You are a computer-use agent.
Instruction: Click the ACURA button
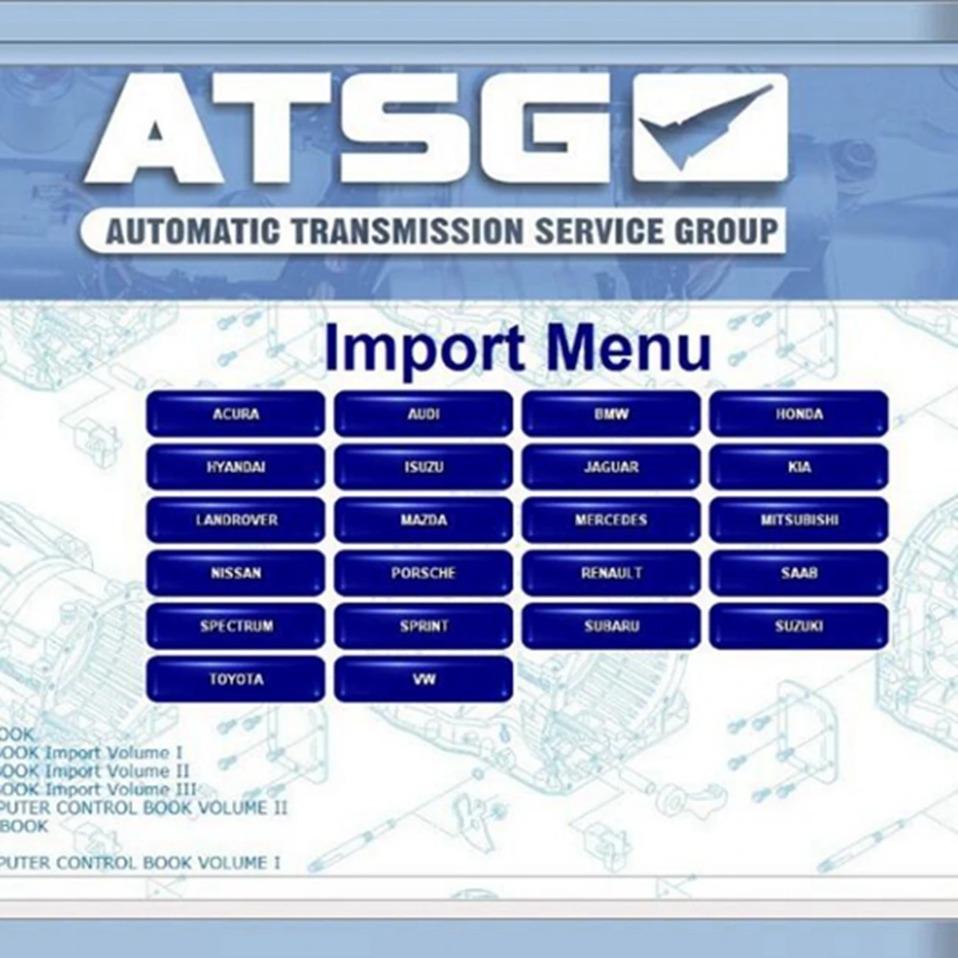point(236,415)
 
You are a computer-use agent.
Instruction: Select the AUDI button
point(423,415)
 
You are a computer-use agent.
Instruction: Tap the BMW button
point(611,415)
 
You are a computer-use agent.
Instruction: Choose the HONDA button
point(799,415)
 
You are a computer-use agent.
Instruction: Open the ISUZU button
point(423,468)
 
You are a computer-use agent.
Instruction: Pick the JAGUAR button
point(611,468)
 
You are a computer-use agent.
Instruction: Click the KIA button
point(799,468)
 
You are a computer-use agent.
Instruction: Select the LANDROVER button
point(236,520)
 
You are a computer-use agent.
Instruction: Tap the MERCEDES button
point(611,520)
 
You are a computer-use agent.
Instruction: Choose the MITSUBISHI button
point(799,520)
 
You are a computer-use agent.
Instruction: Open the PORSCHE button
point(423,574)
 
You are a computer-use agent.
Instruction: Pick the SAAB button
point(799,574)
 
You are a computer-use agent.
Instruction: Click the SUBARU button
point(611,627)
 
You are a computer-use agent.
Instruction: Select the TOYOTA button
point(236,679)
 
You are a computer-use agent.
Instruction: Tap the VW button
point(423,679)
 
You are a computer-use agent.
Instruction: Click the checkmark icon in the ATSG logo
point(710,126)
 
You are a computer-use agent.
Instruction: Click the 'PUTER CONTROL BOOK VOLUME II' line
point(144,808)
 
